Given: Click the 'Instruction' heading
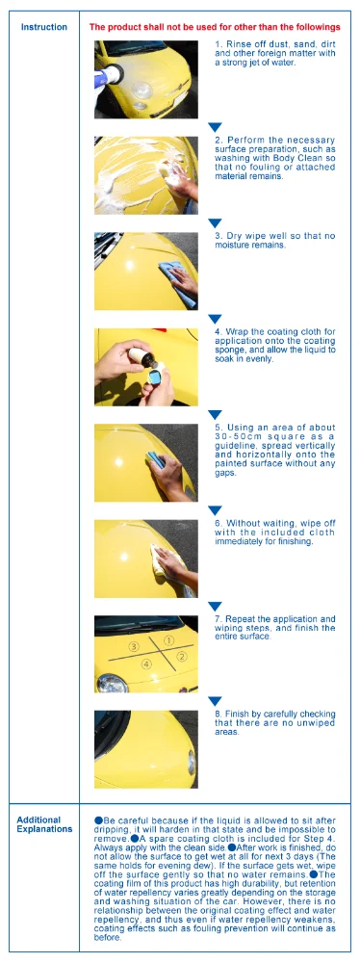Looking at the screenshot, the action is click(x=44, y=27).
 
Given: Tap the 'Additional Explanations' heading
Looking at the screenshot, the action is click(x=44, y=824).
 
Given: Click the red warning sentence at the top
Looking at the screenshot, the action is click(x=215, y=27).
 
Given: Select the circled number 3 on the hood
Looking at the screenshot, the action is click(x=133, y=646).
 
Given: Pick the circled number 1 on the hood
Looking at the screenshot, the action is click(x=169, y=640).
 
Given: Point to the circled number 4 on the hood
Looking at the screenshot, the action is click(x=146, y=664).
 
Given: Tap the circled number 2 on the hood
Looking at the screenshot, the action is click(x=182, y=657).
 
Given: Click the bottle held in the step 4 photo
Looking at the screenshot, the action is click(x=141, y=357).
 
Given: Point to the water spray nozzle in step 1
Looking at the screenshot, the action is click(x=110, y=77).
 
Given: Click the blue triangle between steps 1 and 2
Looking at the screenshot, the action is click(x=215, y=127).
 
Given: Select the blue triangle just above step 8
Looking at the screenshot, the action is click(x=215, y=701).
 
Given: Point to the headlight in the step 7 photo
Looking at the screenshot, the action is click(x=114, y=683).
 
